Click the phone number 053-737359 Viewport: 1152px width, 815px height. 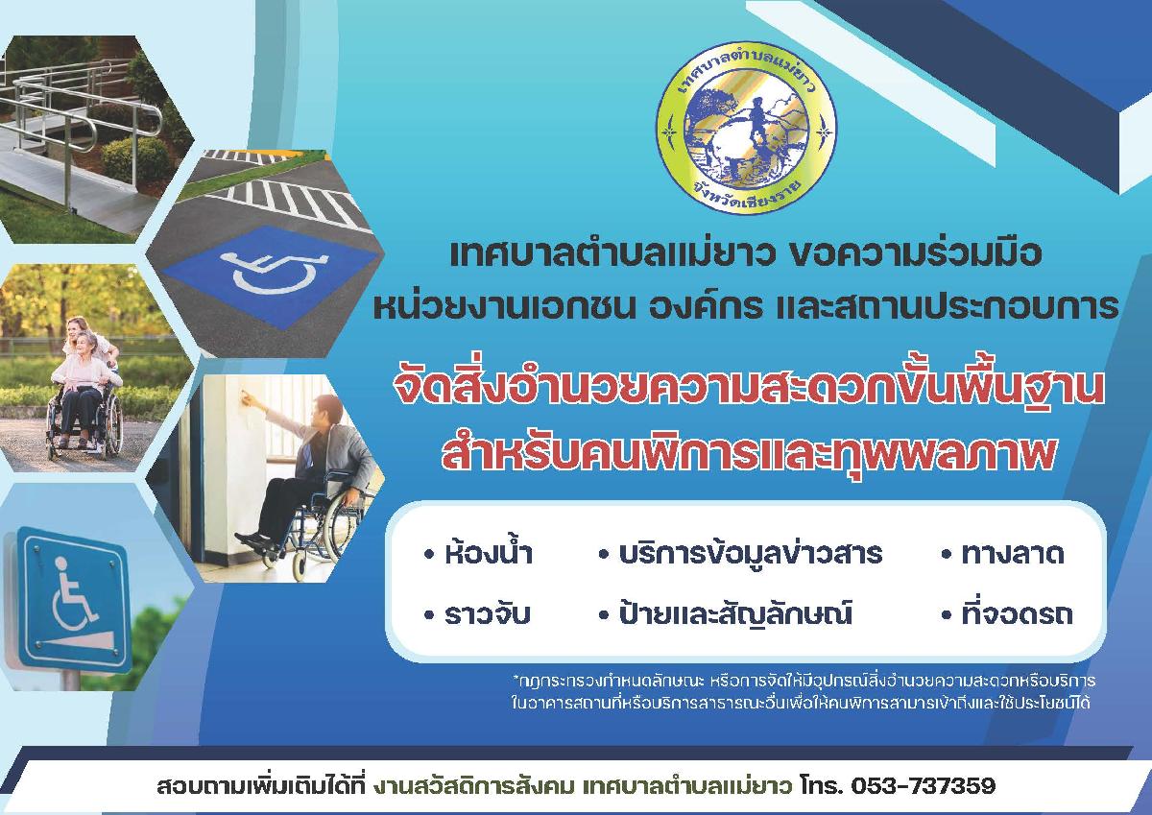pos(924,785)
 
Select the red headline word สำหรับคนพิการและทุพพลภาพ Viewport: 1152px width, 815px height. pos(747,452)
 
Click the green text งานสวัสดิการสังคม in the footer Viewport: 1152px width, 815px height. pos(478,785)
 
